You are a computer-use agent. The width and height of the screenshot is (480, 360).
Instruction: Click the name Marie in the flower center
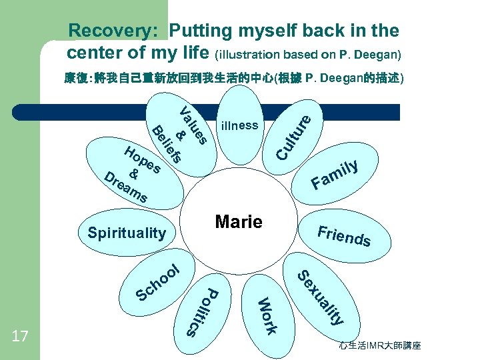pos(239,222)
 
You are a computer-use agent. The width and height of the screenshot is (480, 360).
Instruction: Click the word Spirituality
pos(127,233)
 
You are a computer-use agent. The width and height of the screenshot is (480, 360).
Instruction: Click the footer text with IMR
pos(379,346)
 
